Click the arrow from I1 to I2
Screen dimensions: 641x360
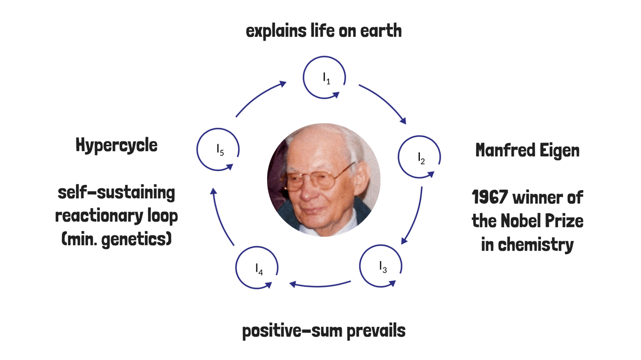point(385,100)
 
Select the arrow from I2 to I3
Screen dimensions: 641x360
point(416,217)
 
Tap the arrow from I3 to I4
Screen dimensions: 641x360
point(320,286)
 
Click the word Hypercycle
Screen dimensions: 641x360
point(116,145)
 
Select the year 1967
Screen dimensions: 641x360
point(490,197)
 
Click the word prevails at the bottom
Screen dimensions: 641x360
point(376,331)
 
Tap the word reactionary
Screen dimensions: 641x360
point(99,216)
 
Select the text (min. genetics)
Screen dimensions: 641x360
point(116,239)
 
